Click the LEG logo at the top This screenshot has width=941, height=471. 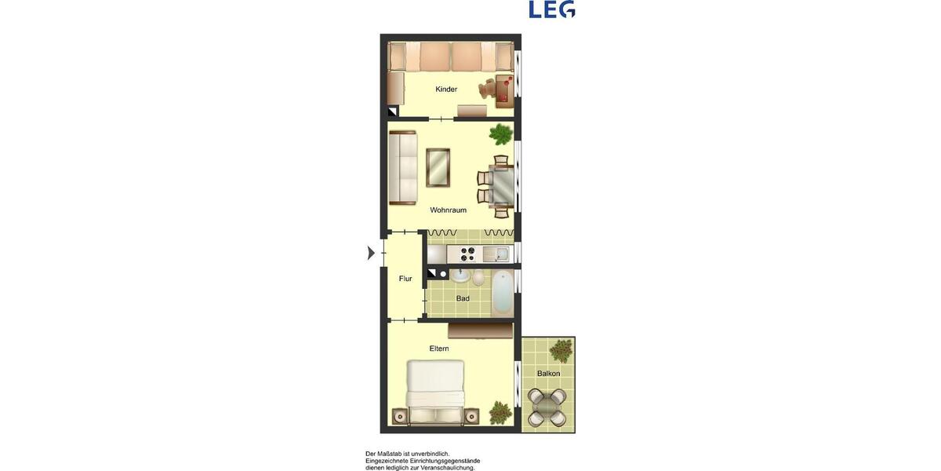click(551, 9)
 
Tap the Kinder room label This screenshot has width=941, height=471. click(446, 89)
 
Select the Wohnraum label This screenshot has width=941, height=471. click(448, 210)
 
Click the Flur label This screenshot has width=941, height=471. click(405, 279)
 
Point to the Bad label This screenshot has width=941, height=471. click(463, 298)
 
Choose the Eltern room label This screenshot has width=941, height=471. click(439, 349)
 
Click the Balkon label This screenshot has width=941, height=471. click(548, 374)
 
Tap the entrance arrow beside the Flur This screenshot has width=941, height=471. click(372, 253)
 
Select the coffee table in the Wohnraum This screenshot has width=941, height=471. click(438, 167)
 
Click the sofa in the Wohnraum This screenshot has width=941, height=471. click(403, 167)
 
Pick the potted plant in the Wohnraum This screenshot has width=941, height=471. click(500, 134)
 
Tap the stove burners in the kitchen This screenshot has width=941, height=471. click(468, 254)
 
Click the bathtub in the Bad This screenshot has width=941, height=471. click(502, 292)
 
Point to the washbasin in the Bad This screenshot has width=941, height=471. click(460, 276)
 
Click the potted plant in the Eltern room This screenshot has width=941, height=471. click(500, 412)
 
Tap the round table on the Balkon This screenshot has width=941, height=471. click(548, 407)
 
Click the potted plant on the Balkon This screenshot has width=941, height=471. click(561, 350)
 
